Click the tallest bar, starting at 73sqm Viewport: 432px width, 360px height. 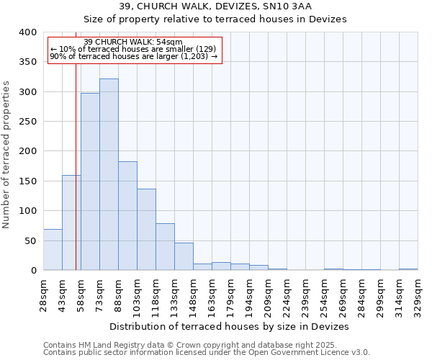pyautogui.click(x=109, y=174)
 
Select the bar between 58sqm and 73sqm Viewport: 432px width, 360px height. pyautogui.click(x=90, y=181)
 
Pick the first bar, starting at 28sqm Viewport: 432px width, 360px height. pyautogui.click(x=53, y=250)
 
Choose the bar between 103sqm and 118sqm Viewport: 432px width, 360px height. pyautogui.click(x=146, y=229)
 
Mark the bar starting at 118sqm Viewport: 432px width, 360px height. pyautogui.click(x=165, y=247)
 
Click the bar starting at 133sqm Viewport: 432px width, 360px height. pyautogui.click(x=184, y=257)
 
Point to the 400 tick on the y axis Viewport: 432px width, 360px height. pyautogui.click(x=27, y=32)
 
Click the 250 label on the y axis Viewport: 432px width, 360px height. pyautogui.click(x=27, y=122)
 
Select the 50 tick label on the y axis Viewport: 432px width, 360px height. pyautogui.click(x=30, y=240)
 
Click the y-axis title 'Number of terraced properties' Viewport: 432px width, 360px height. pyautogui.click(x=6, y=154)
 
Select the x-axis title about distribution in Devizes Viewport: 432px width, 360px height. pyautogui.click(x=230, y=326)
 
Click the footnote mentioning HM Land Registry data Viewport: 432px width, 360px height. pyautogui.click(x=206, y=345)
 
